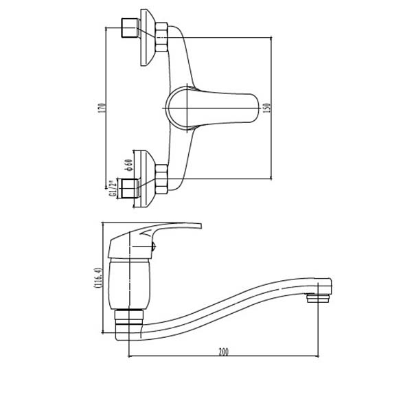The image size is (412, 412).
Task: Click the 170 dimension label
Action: click(x=102, y=108)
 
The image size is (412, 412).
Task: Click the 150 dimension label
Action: click(x=267, y=108)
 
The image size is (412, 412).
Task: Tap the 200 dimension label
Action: click(x=224, y=352)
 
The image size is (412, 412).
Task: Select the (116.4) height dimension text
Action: click(x=98, y=278)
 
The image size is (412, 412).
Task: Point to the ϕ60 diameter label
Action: click(x=129, y=165)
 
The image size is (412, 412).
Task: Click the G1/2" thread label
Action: click(x=113, y=188)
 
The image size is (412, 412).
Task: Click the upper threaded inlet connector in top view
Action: click(x=129, y=27)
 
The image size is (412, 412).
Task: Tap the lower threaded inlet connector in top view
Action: click(x=129, y=188)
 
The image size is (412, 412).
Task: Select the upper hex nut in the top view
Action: click(x=161, y=37)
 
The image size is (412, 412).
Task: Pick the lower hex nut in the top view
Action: click(x=161, y=179)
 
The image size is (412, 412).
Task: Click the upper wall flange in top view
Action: click(x=147, y=37)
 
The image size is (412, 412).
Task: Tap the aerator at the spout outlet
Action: click(x=318, y=298)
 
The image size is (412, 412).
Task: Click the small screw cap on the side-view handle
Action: click(x=154, y=247)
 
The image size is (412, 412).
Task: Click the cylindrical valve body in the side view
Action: click(x=129, y=283)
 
